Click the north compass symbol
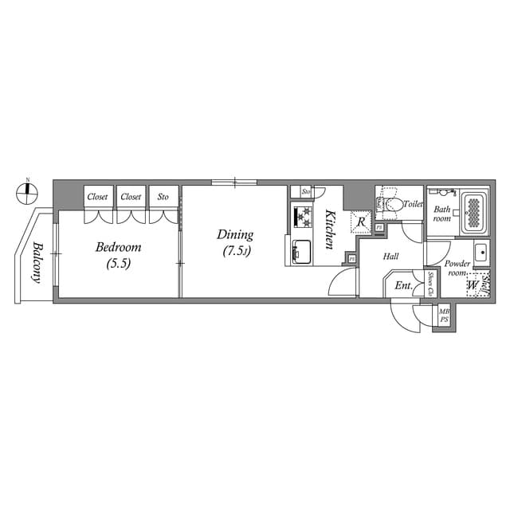point(28,190)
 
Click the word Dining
point(235,235)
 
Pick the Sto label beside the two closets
point(163,196)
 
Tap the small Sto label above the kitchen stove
point(305,192)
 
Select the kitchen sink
point(303,251)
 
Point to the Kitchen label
point(328,229)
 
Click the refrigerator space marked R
point(361,222)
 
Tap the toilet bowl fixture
point(390,206)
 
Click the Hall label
point(390,257)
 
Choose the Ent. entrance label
point(403,285)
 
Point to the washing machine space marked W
point(472,284)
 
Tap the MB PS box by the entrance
point(444,315)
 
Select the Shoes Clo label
point(430,284)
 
